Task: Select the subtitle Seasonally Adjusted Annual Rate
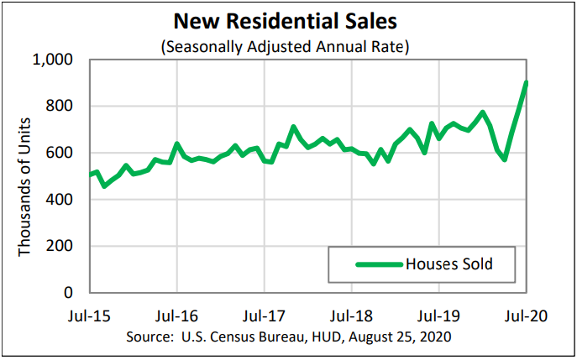tap(285, 45)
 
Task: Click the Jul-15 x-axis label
tap(90, 317)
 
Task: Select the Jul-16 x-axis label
tap(177, 317)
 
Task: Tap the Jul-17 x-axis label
tap(265, 317)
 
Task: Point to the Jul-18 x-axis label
tap(352, 317)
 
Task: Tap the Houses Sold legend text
tap(448, 264)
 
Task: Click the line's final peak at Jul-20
tap(527, 82)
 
